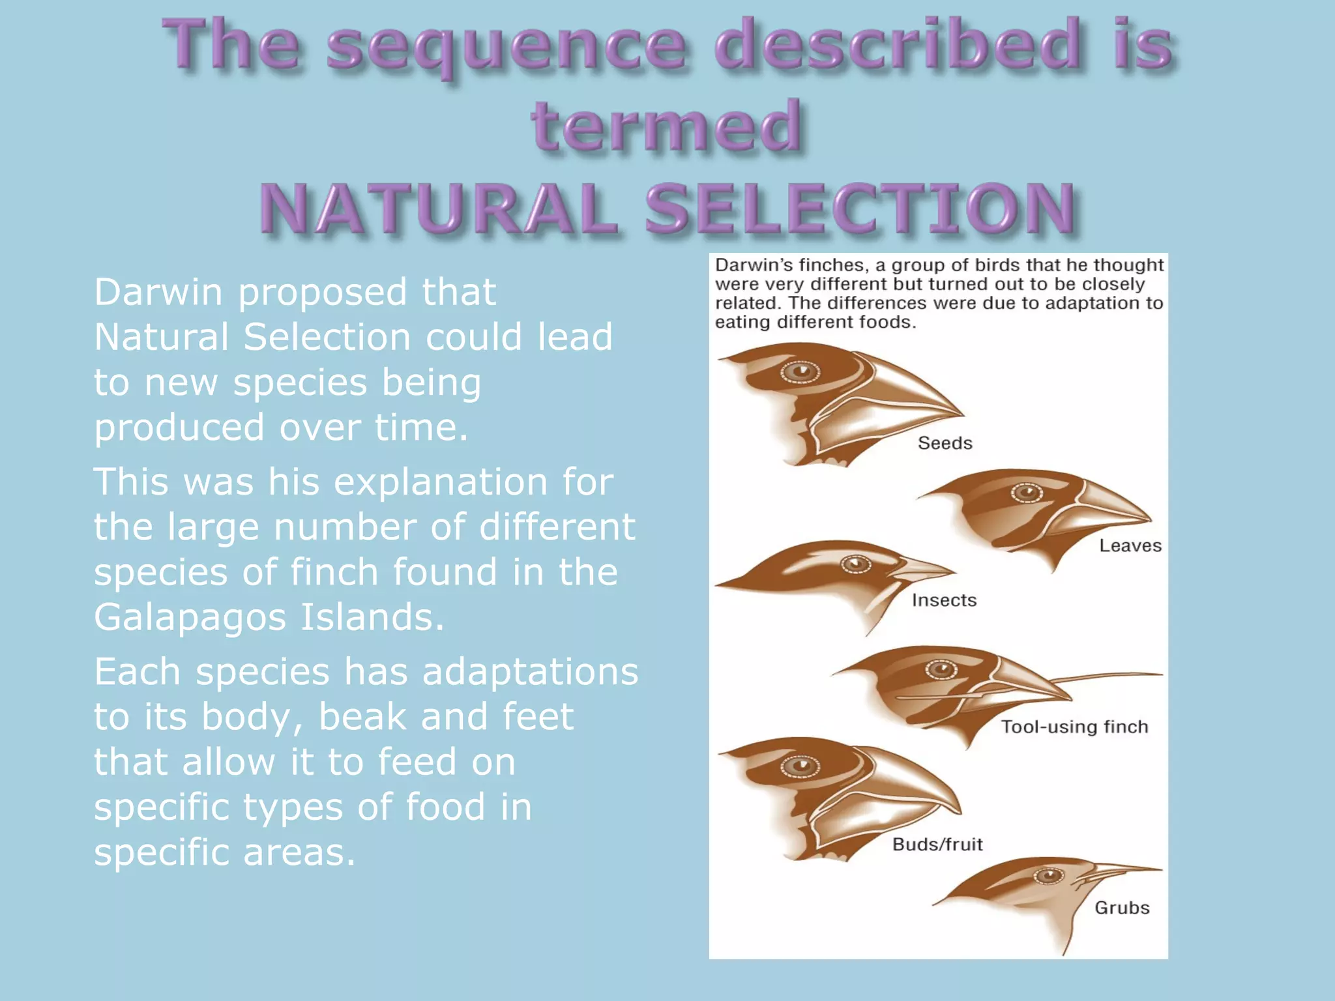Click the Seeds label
(x=945, y=443)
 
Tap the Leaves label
(x=1130, y=545)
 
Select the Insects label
(x=944, y=600)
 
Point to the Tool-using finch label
(x=1074, y=727)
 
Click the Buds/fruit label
(x=937, y=845)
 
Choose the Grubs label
(x=1121, y=908)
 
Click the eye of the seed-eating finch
(x=800, y=371)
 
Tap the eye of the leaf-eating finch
(x=1027, y=493)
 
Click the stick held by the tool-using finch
(x=1108, y=677)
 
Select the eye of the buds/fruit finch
(x=800, y=766)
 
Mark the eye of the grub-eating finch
(x=1049, y=876)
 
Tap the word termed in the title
(x=666, y=126)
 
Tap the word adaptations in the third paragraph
(x=530, y=671)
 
